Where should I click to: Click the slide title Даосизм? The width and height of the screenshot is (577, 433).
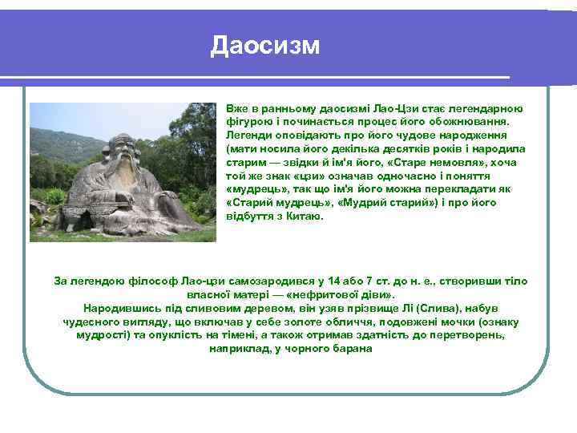tap(265, 46)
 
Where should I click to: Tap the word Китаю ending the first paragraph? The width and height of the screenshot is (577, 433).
tap(305, 216)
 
